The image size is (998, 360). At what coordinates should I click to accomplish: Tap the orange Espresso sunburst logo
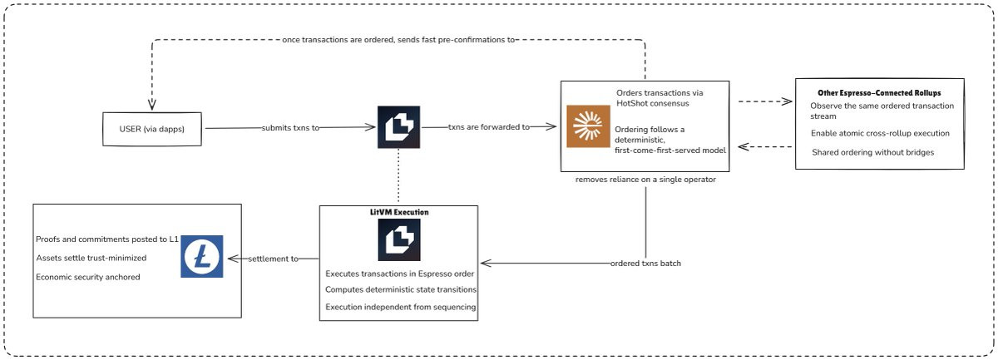[x=588, y=126]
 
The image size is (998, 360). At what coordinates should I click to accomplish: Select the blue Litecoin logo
[x=202, y=256]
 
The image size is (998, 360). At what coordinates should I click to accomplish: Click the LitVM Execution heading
[x=398, y=213]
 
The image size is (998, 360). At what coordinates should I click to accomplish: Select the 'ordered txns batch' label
[x=645, y=264]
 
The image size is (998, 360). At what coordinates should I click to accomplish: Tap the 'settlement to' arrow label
[x=273, y=259]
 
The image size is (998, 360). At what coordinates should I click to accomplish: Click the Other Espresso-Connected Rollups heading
[x=879, y=92]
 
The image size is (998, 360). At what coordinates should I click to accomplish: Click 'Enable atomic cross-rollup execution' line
[x=880, y=133]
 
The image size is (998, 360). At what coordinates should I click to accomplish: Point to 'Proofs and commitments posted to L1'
[x=107, y=239]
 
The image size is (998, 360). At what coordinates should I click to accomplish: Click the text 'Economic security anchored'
[x=88, y=276]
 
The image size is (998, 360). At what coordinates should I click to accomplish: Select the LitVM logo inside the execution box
[x=398, y=241]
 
